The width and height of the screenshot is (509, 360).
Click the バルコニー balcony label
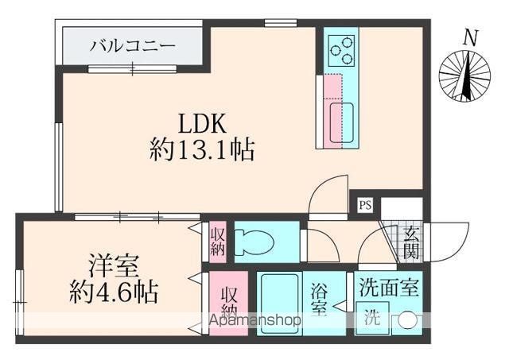[x=132, y=45]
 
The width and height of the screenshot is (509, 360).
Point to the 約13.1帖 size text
[x=202, y=149]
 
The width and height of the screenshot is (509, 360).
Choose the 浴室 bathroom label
[x=317, y=299]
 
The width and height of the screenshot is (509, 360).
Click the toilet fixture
[x=257, y=241]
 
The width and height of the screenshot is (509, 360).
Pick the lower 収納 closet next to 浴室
[x=229, y=300]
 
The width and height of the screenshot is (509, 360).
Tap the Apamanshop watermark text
[x=254, y=321]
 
